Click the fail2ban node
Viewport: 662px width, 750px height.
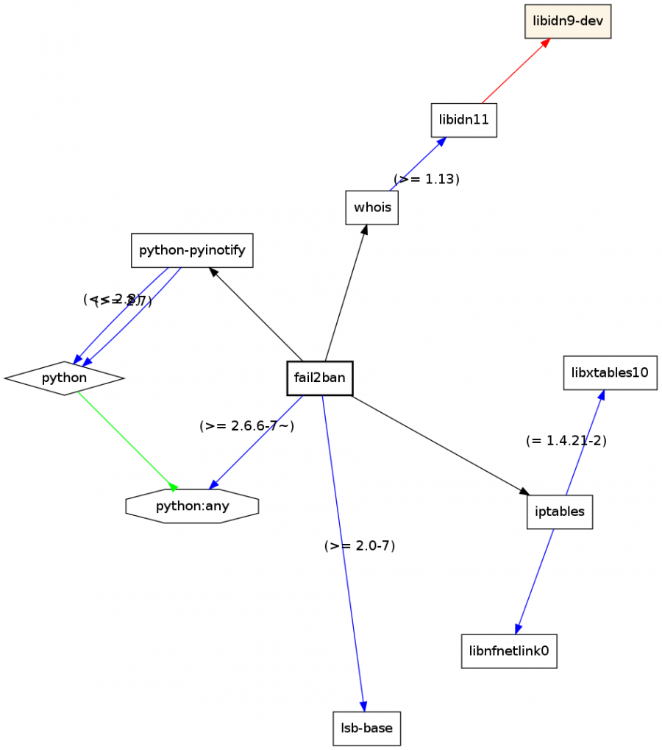click(x=319, y=378)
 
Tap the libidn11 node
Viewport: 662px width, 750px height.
click(x=463, y=120)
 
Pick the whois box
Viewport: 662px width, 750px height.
click(x=372, y=208)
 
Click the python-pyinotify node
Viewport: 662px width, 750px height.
click(x=192, y=250)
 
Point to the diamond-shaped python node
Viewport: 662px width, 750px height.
click(x=64, y=378)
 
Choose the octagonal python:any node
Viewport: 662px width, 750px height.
click(x=192, y=506)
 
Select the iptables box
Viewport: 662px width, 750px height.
click(x=560, y=512)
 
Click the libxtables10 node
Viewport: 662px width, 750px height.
click(x=610, y=372)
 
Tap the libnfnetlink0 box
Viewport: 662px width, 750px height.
click(x=509, y=651)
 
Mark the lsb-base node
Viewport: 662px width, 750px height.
click(x=366, y=729)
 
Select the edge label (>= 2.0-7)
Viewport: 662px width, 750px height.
click(x=360, y=546)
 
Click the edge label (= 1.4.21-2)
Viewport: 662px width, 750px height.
click(x=566, y=441)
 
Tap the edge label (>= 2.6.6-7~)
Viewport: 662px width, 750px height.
click(x=246, y=426)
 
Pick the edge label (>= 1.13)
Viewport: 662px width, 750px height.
click(x=427, y=179)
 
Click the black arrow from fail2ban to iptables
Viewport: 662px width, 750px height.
click(x=440, y=445)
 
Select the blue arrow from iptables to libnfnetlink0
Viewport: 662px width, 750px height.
click(x=535, y=580)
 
